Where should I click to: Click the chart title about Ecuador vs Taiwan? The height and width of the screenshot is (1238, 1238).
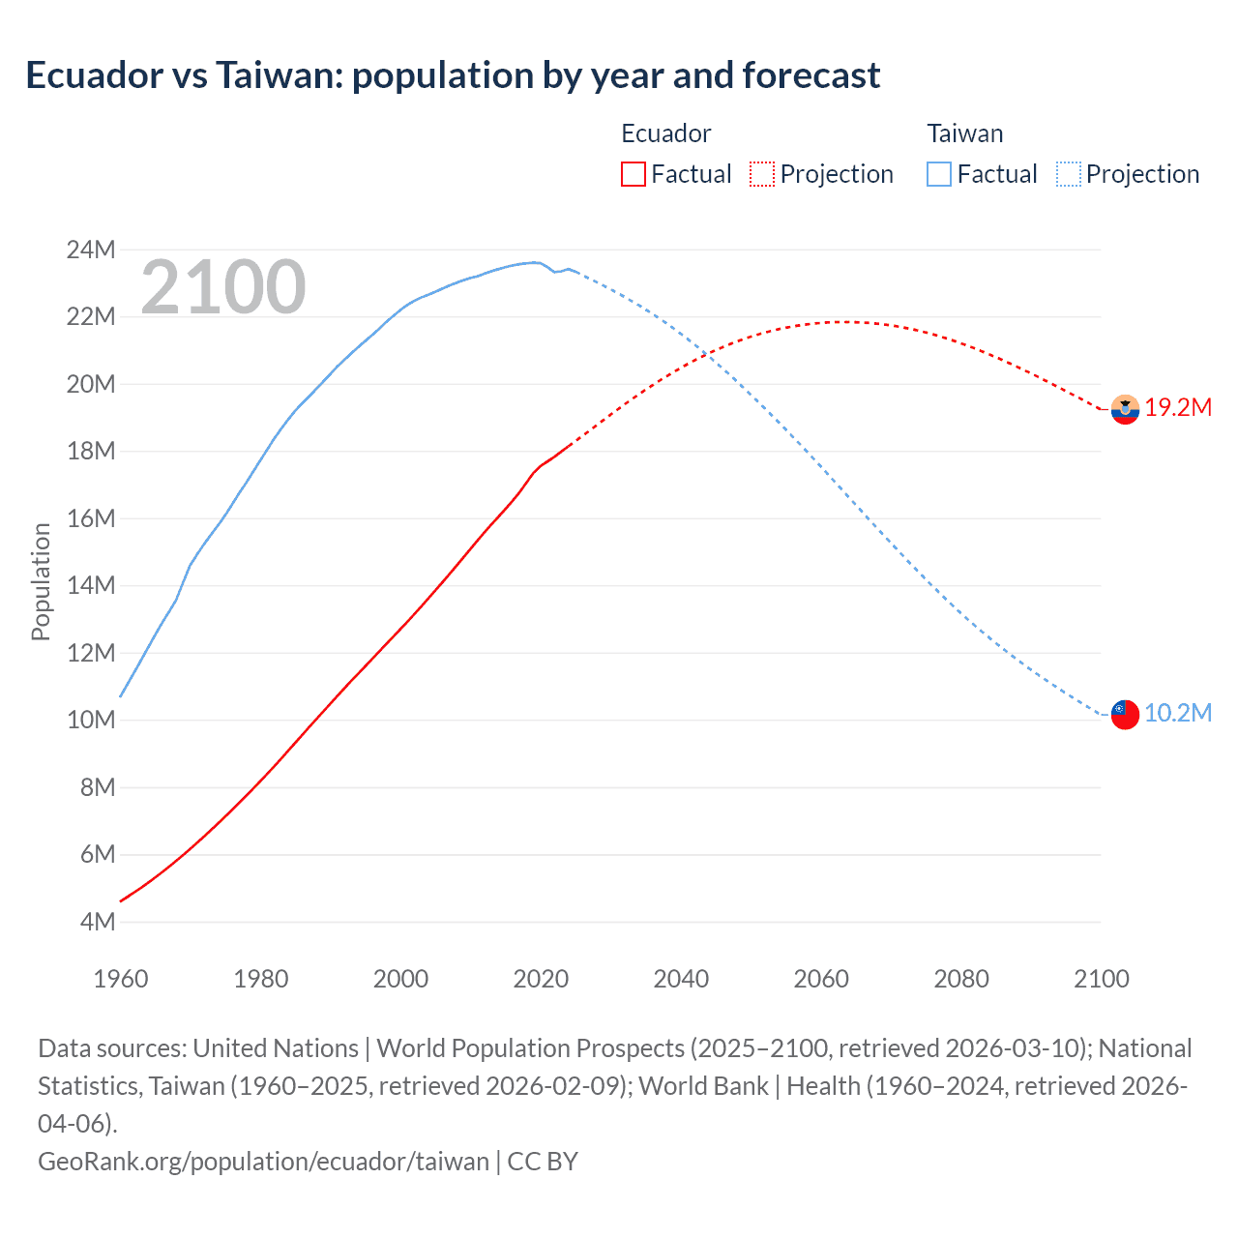point(453,75)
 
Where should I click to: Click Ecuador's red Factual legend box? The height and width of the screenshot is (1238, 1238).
point(633,174)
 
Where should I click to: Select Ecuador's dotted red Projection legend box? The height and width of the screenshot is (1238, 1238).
point(762,174)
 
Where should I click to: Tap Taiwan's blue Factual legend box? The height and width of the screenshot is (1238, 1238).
point(939,174)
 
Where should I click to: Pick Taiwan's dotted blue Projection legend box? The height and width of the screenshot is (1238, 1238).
point(1068,174)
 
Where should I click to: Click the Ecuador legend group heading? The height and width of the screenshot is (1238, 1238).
point(665,133)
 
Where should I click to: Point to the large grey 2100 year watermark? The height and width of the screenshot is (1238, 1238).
point(223,287)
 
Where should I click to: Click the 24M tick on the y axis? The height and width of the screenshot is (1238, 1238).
point(91,251)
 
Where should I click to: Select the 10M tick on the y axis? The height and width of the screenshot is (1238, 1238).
point(91,721)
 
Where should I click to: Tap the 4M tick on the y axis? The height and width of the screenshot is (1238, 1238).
point(97,922)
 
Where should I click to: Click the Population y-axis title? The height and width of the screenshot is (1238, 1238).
point(41,581)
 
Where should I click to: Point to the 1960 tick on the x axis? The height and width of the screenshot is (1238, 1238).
point(121,979)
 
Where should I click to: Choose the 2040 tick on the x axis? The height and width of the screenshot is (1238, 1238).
point(681,979)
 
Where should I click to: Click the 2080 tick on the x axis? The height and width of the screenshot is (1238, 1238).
point(961,979)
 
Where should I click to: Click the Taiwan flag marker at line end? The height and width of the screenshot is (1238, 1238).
point(1125,715)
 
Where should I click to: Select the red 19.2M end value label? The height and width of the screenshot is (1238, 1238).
point(1178,407)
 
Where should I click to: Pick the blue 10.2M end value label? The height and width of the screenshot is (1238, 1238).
point(1178,714)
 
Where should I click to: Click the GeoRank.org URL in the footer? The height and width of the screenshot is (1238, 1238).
point(263,1161)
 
